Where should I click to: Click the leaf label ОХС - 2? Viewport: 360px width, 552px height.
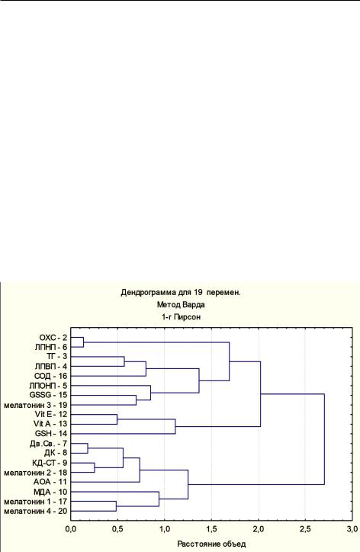coord(53,338)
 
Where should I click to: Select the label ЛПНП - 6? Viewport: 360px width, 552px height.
coord(51,348)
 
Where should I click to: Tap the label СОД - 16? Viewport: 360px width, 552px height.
coord(51,377)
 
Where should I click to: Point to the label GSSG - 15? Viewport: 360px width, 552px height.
coord(48,396)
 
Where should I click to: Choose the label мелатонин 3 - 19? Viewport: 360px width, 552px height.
coord(36,405)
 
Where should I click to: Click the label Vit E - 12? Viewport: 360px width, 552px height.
coord(51,414)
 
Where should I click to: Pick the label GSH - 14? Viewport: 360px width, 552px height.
coord(51,434)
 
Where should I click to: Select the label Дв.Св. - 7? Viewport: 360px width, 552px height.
coord(48,444)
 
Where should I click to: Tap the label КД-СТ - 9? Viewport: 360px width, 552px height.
coord(50,463)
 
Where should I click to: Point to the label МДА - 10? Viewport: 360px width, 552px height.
coord(50,492)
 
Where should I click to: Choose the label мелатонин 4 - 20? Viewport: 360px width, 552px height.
coord(36,511)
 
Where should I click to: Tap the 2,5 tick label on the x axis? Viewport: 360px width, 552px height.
coord(305,529)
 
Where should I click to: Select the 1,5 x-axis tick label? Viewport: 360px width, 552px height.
coord(211,529)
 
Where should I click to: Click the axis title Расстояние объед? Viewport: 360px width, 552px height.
coord(211,544)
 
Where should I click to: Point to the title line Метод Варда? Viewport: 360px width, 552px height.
coord(181,305)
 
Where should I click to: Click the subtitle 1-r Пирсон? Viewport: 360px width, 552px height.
coord(181,317)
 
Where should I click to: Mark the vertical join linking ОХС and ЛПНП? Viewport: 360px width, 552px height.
coord(83,342)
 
